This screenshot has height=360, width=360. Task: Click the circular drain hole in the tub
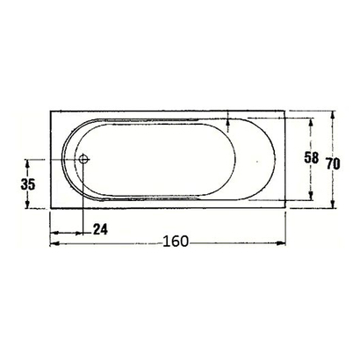pos(83,160)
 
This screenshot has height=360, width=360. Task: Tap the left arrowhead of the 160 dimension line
pos(52,242)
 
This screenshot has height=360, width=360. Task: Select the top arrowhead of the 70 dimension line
pos(335,114)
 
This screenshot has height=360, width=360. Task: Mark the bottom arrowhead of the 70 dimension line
pos(335,207)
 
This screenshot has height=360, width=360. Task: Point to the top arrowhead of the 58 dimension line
pos(312,121)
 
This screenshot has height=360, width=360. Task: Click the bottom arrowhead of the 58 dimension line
pos(312,198)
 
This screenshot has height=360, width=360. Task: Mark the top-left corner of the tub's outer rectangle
pos(49,111)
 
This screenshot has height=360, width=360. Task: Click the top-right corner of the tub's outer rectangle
pos(286,111)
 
